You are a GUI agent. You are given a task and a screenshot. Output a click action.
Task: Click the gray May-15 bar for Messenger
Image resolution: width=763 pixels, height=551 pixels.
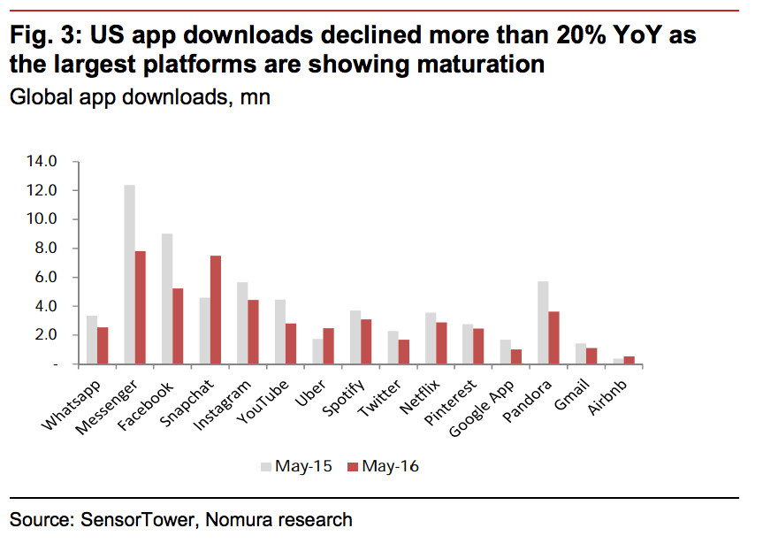(129, 274)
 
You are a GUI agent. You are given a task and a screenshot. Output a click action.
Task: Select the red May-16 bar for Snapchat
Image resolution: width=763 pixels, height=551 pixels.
(216, 310)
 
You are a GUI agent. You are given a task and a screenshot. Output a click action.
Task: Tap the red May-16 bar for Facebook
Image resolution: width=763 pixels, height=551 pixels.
(178, 325)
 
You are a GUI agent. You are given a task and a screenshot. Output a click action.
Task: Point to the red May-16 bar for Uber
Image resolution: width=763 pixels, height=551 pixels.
(329, 346)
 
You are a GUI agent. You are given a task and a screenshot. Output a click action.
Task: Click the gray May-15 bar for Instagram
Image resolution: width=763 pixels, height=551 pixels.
(242, 323)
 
